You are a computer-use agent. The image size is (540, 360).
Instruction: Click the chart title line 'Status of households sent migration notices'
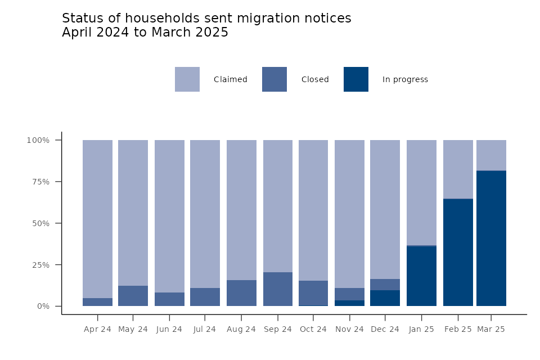click(x=206, y=19)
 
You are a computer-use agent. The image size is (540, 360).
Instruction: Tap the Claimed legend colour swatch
click(x=187, y=79)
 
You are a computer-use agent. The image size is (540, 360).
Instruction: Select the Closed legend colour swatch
click(x=274, y=79)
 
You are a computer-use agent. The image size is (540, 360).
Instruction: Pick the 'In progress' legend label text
click(x=405, y=80)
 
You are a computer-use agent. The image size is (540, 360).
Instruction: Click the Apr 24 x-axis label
click(x=97, y=330)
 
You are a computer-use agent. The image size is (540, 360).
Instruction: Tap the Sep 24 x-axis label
click(x=277, y=330)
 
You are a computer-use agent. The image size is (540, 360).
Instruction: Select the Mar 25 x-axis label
click(x=491, y=330)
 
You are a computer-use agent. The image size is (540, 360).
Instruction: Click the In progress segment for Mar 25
click(x=491, y=238)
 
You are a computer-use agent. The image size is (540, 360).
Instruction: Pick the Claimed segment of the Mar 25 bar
click(x=491, y=155)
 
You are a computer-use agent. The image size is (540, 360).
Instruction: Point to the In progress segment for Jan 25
click(x=421, y=276)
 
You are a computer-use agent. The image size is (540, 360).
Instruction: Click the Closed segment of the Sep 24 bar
click(x=278, y=289)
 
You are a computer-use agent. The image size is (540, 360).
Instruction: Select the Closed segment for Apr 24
click(x=97, y=302)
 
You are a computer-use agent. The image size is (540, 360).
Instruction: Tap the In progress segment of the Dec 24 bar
click(x=385, y=298)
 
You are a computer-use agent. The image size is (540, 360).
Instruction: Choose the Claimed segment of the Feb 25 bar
click(x=458, y=169)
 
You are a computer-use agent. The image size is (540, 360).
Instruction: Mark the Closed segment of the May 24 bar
click(x=133, y=296)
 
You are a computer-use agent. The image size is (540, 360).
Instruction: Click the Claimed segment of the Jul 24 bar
click(x=205, y=214)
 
